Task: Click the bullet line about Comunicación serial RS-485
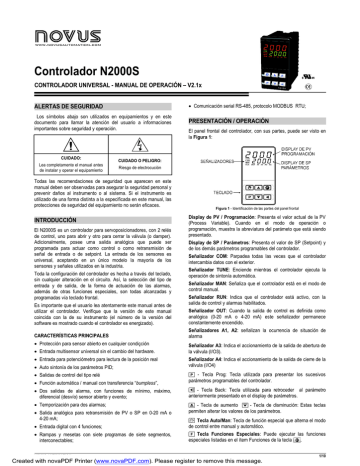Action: pyautogui.click(x=255, y=104)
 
